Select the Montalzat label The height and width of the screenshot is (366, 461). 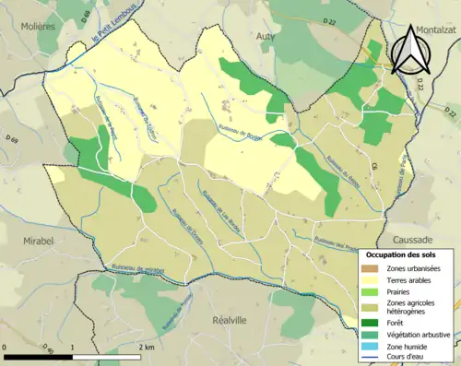[431, 30]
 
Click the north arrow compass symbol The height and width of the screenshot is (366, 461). [409, 51]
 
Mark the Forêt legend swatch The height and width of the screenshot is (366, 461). [371, 322]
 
